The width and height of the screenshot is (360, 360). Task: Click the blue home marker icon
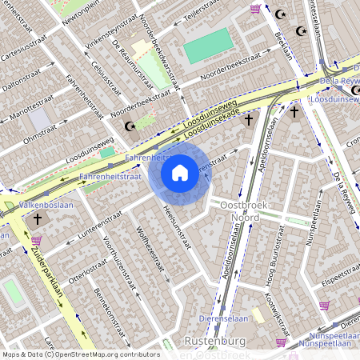click(x=180, y=173)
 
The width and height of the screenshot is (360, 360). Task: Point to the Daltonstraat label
click(x=22, y=79)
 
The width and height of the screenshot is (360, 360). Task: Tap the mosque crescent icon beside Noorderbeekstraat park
click(x=129, y=126)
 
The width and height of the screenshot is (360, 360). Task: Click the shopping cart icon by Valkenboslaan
click(x=37, y=240)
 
